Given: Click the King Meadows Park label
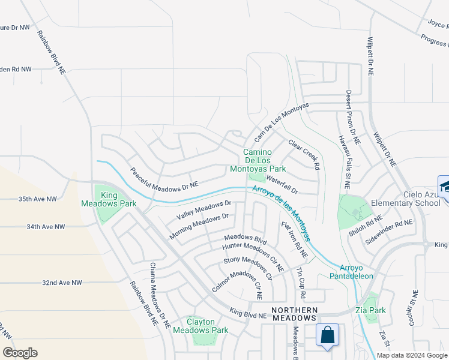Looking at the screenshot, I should (101, 199).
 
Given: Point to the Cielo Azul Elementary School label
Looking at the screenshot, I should (409, 199).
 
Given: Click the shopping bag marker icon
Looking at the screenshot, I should (328, 337).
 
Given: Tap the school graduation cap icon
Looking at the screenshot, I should (445, 185).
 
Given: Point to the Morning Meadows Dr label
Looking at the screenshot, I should (199, 226).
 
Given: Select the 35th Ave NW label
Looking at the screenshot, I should (37, 199).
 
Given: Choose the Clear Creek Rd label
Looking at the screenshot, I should (304, 154).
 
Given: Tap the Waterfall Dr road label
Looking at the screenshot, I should (282, 184).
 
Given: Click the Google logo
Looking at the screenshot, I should (20, 353).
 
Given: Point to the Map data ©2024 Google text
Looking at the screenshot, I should (412, 355).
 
